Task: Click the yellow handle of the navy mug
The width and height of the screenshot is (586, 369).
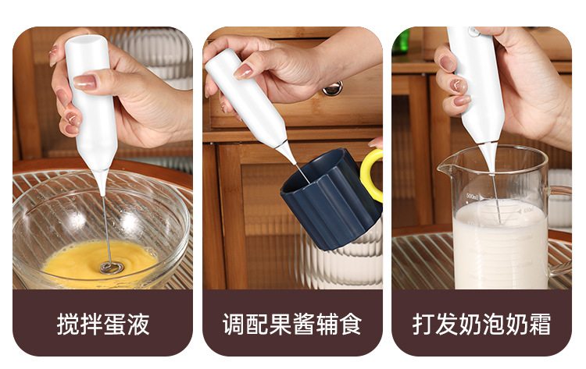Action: tap(372, 175)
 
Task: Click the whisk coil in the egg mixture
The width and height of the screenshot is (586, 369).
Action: tap(111, 267)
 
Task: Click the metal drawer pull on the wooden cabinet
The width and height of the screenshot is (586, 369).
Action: tap(334, 88)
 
